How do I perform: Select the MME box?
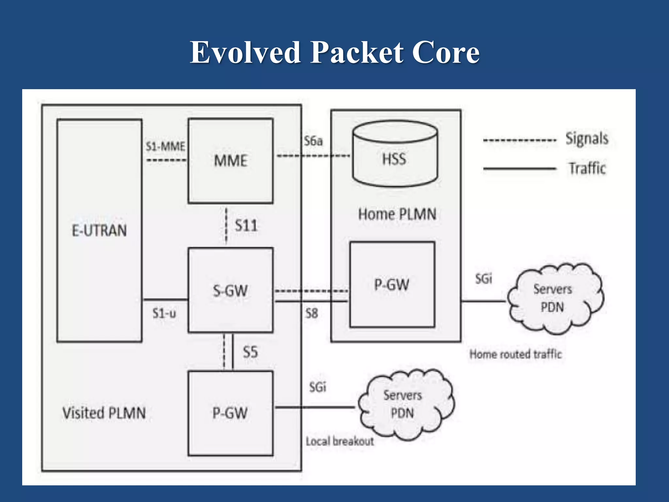point(231,161)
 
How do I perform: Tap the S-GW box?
point(231,290)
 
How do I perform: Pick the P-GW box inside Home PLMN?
point(392,284)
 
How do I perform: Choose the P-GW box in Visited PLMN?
point(231,413)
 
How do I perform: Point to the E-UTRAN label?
point(99,230)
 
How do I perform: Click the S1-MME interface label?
point(165,146)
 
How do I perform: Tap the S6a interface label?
point(313,141)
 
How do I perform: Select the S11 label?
point(246,226)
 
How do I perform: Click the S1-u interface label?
point(164,313)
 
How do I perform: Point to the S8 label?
point(312,313)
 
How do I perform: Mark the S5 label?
point(250,352)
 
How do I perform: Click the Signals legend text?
point(587,139)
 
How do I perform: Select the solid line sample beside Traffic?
point(519,169)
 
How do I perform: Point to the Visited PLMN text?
point(104,413)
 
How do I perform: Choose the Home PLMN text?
point(397,214)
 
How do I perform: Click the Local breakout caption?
point(340,442)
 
